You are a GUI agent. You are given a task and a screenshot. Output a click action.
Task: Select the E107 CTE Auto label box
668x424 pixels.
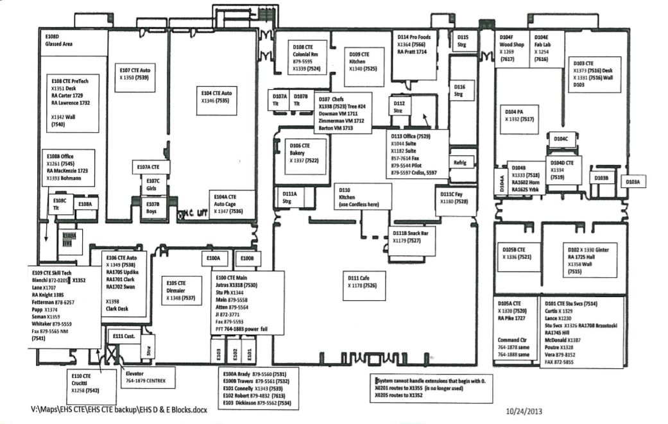[x=135, y=73]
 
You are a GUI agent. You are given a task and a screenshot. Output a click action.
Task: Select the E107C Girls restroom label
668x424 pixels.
[x=153, y=185]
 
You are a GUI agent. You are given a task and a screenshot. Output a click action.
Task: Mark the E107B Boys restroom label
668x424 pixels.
[x=152, y=207]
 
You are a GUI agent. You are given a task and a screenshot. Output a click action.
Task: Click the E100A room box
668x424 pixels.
[x=214, y=258]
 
